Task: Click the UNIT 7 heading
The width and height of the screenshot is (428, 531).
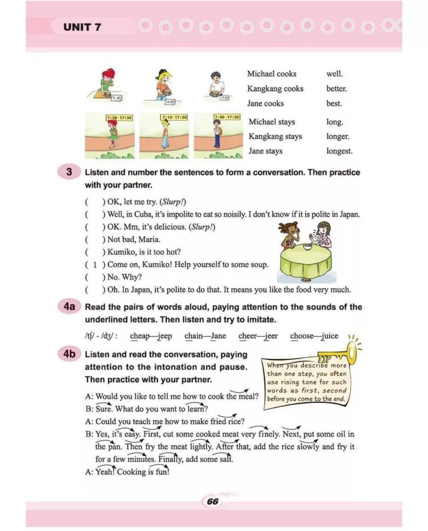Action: click(x=82, y=27)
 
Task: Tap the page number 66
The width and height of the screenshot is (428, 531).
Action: click(x=212, y=501)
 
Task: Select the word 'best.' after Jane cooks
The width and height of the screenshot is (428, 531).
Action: click(x=334, y=104)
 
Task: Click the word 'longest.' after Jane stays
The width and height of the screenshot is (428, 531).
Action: click(x=339, y=151)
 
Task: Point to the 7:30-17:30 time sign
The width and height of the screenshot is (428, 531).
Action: click(x=119, y=118)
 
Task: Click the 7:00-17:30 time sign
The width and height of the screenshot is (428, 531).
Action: click(x=227, y=117)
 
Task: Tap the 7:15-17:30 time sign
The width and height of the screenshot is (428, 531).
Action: click(x=174, y=118)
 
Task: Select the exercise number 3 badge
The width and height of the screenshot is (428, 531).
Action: click(x=69, y=172)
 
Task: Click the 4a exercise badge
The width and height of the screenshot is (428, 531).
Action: click(x=69, y=307)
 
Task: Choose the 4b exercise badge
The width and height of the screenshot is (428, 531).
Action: click(x=69, y=354)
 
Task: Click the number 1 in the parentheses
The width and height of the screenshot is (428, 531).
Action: click(x=95, y=265)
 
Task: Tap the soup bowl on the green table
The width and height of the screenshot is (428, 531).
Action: click(x=307, y=247)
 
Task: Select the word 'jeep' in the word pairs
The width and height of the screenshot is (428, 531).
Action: click(x=164, y=336)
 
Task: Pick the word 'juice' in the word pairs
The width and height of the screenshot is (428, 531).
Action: click(x=330, y=336)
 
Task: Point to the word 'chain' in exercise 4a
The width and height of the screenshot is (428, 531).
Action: click(x=193, y=336)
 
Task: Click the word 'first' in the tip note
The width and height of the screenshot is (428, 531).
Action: click(x=310, y=391)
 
